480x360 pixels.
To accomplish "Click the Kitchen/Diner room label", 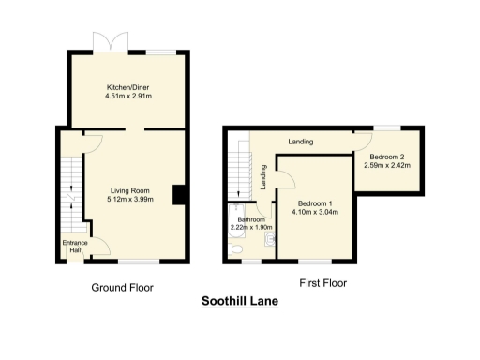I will tap(129, 86).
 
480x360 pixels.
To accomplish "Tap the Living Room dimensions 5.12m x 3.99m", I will tap(129, 199).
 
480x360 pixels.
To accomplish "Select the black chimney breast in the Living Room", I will tap(178, 194).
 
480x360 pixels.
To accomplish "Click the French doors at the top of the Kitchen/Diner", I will tap(105, 42).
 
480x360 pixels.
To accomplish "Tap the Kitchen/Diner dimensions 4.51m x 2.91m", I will tap(129, 96).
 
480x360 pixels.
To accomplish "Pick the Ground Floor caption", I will tap(122, 288).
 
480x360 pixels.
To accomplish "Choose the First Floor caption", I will tap(322, 282).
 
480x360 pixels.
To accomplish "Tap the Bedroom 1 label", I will tap(315, 203).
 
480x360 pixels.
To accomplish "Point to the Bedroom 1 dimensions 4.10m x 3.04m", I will tap(315, 212).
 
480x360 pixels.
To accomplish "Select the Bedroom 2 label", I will tap(386, 157).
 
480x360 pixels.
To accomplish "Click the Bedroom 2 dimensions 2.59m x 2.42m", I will tap(386, 166).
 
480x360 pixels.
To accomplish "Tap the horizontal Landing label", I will tap(300, 142).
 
